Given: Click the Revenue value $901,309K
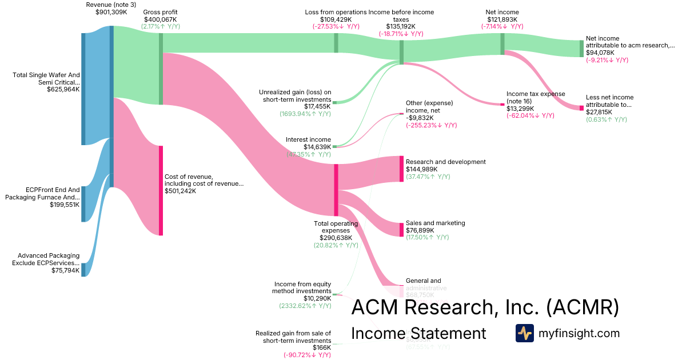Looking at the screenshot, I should coord(111,12).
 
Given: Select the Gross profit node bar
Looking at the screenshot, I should coord(161,69).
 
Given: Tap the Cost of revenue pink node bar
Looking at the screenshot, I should coord(161,190).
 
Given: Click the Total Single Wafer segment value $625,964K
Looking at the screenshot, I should coord(63,90).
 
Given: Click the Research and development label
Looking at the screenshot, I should coord(445,162).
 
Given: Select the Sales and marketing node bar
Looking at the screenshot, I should coord(401,229).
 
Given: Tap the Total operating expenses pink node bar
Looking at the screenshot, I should coord(336,190).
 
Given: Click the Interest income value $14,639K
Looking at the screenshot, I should coord(317,147).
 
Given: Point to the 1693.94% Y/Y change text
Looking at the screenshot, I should coord(305,114).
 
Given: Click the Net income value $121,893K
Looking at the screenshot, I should coord(502,19).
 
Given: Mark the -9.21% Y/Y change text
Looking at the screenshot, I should coord(607,60).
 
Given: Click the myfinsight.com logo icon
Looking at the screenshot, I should coord(524,333).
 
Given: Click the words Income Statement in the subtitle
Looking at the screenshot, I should coord(418,333).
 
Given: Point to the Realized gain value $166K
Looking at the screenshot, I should coord(322,347).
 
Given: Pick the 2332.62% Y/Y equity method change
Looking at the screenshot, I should coord(305,306).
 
